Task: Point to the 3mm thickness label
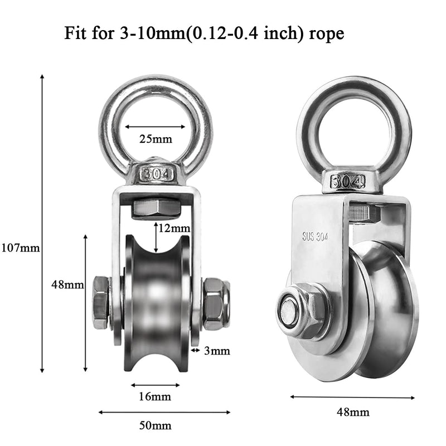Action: click(216, 351)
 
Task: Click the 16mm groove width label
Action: click(154, 397)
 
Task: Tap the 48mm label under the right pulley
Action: click(353, 413)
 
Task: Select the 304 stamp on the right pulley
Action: click(347, 182)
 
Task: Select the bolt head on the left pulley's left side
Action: click(101, 302)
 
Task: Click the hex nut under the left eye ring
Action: click(156, 209)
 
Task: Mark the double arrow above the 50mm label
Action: click(164, 413)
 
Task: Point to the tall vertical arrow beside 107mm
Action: click(42, 223)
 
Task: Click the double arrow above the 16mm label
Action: click(156, 385)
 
